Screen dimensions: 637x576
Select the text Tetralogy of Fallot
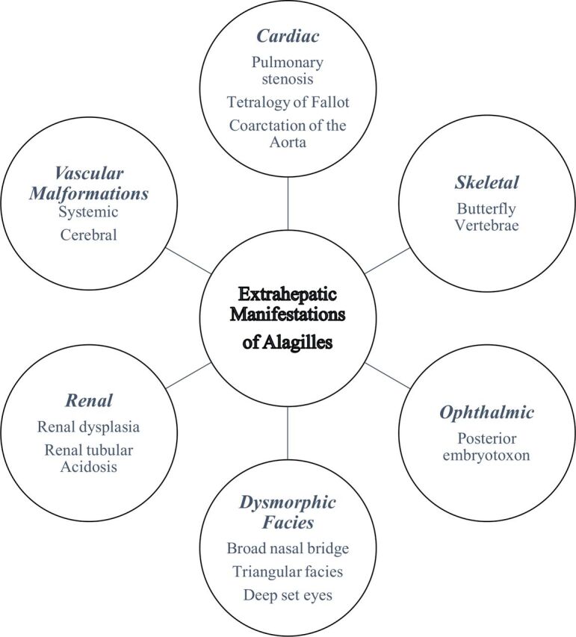coord(288,102)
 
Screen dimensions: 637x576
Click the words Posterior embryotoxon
coord(487,446)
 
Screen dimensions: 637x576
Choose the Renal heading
coord(89,401)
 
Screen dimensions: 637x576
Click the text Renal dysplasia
coord(89,427)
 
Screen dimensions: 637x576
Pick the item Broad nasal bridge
coord(288,548)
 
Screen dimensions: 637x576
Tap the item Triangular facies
coord(288,571)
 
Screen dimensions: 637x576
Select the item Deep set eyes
coord(288,595)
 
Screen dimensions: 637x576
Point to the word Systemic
coord(89,212)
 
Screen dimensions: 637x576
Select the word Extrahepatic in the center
coord(288,293)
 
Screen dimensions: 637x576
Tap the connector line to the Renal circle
coord(187,376)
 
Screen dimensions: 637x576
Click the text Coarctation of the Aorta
coord(288,133)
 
